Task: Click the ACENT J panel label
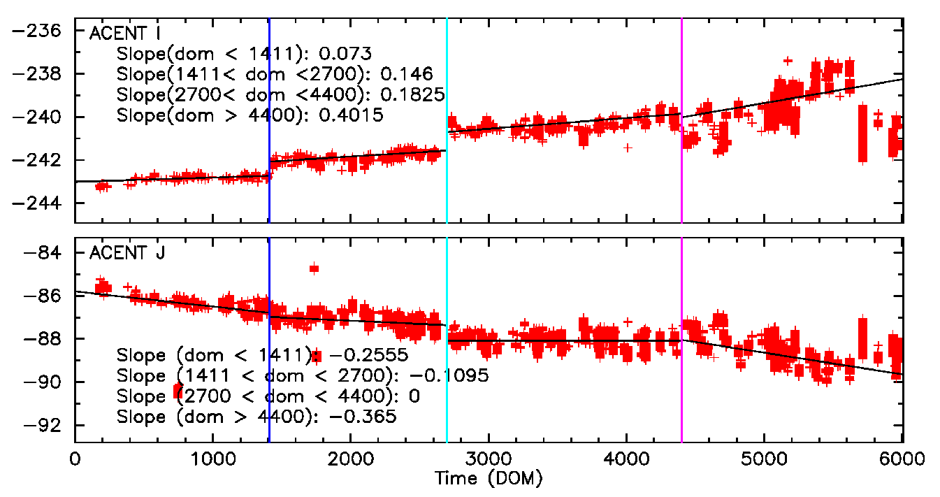pos(127,254)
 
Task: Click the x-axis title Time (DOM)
pos(489,479)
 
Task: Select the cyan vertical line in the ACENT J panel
pos(447,391)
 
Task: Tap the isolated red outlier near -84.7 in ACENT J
pos(314,268)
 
